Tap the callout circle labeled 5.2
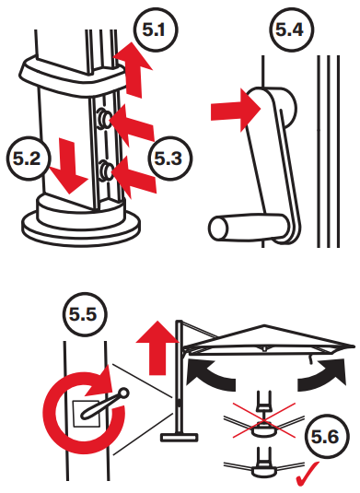24,158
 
